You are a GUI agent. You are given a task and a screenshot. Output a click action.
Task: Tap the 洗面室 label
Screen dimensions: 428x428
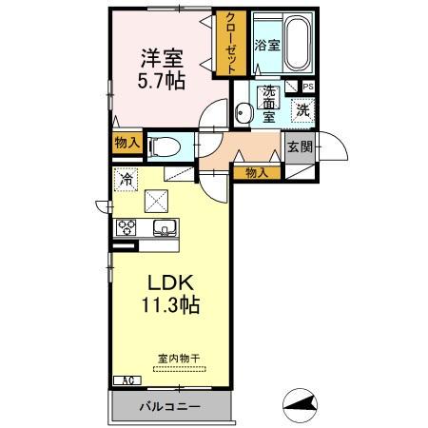[x=269, y=104]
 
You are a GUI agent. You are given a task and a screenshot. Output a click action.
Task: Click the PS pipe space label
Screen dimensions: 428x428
[x=307, y=86]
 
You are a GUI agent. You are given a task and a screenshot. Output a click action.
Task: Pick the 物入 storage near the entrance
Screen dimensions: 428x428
[x=257, y=172]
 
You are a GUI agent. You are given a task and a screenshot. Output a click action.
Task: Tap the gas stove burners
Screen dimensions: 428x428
[x=127, y=227]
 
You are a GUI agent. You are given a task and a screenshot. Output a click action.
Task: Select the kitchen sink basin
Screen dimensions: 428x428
[x=163, y=228]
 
